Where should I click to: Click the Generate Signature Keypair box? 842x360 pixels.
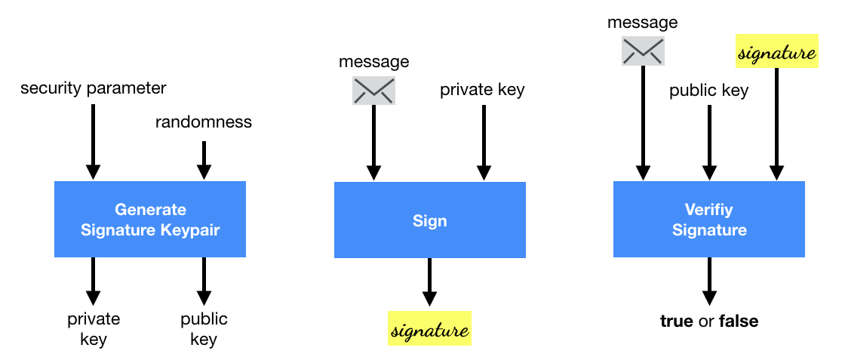(149, 219)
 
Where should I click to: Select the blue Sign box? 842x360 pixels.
(429, 220)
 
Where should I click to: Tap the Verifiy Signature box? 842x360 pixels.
(708, 219)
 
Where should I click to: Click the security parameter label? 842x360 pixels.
(93, 88)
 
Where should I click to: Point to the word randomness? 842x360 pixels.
(204, 122)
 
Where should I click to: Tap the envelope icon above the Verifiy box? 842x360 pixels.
(642, 51)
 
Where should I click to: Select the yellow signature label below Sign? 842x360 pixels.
(429, 328)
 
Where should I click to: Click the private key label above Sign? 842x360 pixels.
(482, 91)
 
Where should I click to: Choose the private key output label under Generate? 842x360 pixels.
(94, 329)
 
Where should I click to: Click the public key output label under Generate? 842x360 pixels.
(204, 329)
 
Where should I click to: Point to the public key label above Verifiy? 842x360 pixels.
(708, 91)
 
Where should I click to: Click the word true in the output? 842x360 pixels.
(676, 322)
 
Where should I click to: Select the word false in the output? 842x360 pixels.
(739, 322)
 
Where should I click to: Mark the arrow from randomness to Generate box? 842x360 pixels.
(204, 160)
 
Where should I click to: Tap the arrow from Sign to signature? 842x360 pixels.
(429, 282)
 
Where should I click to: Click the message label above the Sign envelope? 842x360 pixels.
(373, 62)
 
